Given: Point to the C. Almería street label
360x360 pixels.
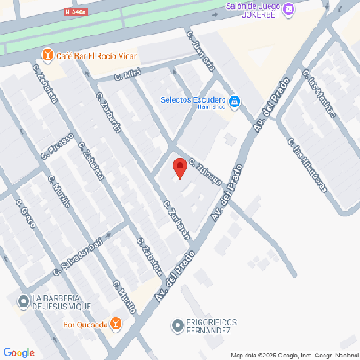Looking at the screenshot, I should point(201,51).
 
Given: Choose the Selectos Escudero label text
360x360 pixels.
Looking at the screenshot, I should point(192,102).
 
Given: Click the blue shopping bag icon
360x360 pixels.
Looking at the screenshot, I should point(234,104).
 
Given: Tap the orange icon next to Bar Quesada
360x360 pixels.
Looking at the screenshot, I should point(115,324).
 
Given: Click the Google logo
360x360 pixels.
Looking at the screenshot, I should point(19,352).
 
